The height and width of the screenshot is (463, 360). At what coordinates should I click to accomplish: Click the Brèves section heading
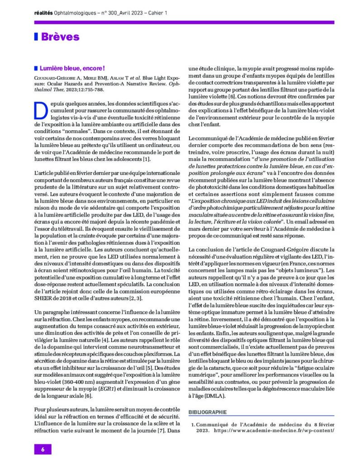(60, 37)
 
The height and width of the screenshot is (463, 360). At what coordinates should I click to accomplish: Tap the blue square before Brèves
(36, 37)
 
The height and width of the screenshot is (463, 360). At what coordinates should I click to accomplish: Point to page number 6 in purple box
(43, 449)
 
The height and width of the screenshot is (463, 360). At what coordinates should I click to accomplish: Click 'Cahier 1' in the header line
(155, 13)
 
